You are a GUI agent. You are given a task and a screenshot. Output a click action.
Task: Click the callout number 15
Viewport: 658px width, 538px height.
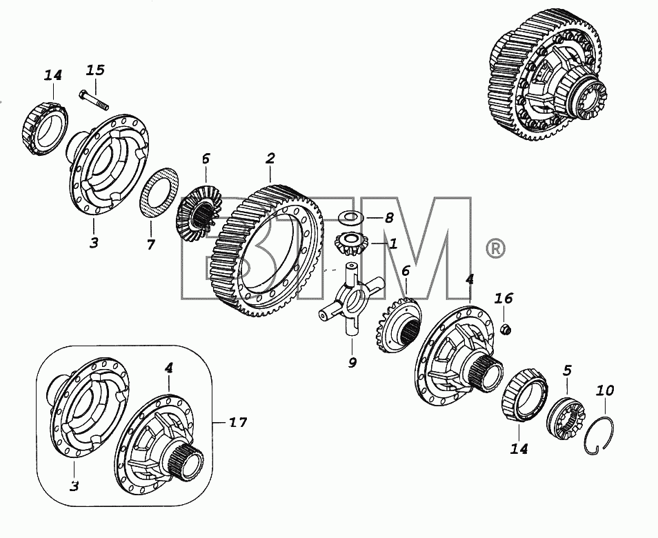coord(95,70)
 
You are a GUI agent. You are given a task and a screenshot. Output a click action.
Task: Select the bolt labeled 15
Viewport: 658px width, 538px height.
coord(94,100)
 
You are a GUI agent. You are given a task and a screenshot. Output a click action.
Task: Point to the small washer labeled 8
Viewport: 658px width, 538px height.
coord(352,217)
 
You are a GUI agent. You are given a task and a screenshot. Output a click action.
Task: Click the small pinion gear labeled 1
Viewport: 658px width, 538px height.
coord(351,243)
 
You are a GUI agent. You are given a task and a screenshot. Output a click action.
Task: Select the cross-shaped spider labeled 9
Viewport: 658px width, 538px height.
coord(351,299)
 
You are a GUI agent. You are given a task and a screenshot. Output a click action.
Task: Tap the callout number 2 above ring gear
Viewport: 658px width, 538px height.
coord(270,158)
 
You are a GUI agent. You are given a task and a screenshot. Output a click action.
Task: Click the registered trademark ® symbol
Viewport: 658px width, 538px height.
coord(495,249)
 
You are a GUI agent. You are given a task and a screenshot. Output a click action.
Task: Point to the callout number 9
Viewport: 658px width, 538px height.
coord(352,362)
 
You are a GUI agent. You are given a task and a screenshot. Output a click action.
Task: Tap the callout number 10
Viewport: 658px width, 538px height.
coord(605,390)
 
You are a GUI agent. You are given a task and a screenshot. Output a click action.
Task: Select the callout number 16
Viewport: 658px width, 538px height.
coord(504,299)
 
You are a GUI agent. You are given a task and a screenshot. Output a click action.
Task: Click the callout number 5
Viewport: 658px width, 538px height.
coord(567,370)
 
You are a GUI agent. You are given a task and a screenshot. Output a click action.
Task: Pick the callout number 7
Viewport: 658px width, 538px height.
coord(150,244)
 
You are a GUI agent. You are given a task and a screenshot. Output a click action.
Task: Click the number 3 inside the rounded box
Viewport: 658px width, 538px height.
coord(74,486)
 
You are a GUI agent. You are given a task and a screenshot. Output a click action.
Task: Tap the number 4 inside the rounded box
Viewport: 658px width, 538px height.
coord(169,368)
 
